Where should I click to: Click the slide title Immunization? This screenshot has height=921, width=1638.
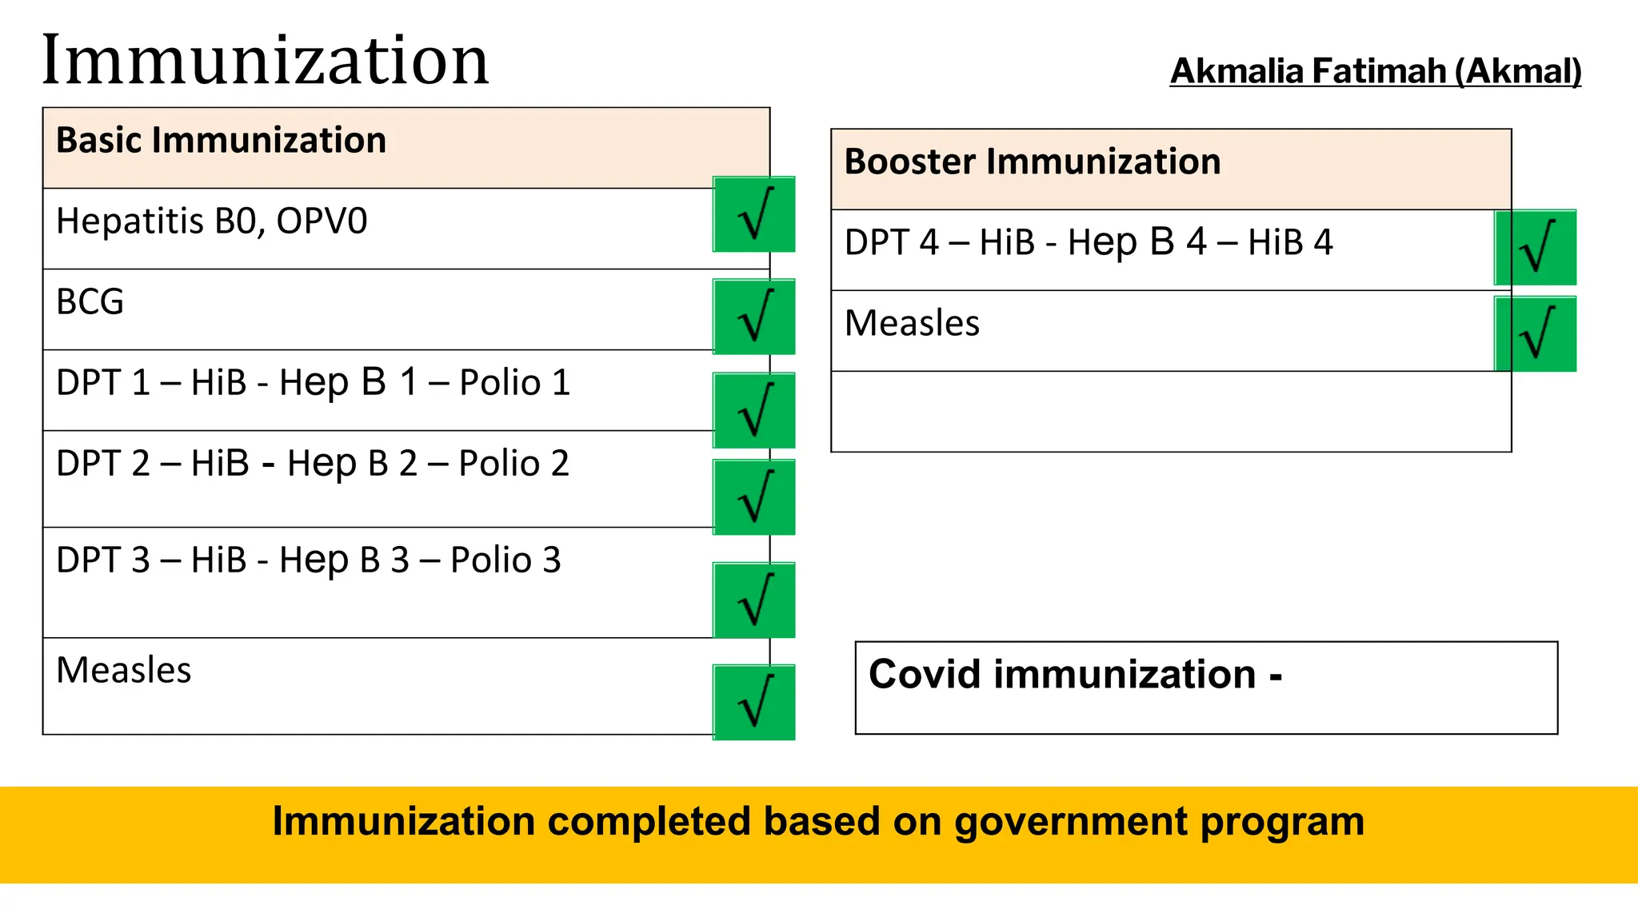click(265, 61)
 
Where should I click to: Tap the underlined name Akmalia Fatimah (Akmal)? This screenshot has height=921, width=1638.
click(1375, 71)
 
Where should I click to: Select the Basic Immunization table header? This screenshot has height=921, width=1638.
click(221, 141)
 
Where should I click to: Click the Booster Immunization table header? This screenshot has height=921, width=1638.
click(1032, 162)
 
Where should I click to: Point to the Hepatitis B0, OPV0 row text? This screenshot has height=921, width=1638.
click(211, 221)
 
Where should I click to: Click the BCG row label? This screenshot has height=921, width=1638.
click(90, 302)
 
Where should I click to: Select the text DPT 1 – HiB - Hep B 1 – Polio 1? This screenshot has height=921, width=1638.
click(313, 383)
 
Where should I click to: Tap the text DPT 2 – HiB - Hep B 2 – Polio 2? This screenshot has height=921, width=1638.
click(313, 464)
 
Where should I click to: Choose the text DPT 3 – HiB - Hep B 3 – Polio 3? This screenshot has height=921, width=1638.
click(309, 560)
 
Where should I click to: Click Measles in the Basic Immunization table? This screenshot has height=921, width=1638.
click(124, 671)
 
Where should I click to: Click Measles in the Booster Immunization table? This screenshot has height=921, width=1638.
click(912, 324)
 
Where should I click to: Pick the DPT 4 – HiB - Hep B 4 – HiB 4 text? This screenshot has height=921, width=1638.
click(1089, 243)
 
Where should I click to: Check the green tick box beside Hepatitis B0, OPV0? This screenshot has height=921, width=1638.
click(753, 214)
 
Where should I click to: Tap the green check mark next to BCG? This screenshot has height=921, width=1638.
click(753, 317)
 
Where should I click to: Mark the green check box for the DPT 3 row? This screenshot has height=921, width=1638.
click(753, 600)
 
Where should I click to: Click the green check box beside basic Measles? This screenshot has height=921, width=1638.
click(753, 702)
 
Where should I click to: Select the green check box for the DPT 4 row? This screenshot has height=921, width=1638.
click(1535, 248)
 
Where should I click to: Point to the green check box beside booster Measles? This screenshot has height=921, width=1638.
click(1535, 334)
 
